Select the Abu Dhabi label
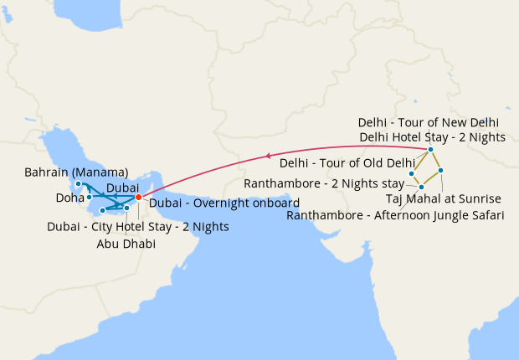pos(126,243)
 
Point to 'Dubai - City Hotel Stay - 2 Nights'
pos(137,226)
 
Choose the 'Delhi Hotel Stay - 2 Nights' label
pos(432,136)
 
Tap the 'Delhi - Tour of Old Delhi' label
pos(347,162)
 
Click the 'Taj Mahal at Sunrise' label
pos(444,198)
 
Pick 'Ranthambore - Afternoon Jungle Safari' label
pos(395,215)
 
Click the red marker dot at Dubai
pos(138,198)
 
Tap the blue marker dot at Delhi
pos(430,150)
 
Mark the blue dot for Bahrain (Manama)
pos(78,183)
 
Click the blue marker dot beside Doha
pos(89,197)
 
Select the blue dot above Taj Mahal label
pos(440,170)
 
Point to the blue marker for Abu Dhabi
pos(126,207)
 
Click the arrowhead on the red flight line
pos(268,155)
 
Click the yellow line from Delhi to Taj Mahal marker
pos(435,160)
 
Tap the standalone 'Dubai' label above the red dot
pos(123,187)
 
